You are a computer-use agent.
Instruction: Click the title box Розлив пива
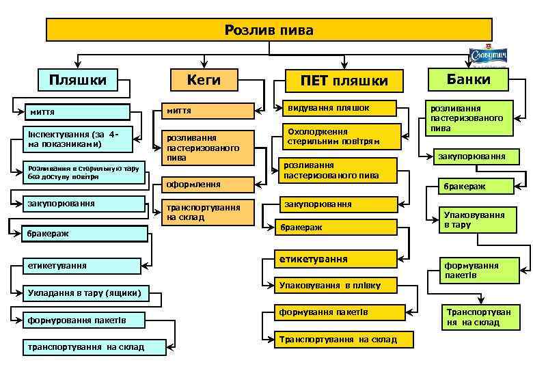coord(269,29)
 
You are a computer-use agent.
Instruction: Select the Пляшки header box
coord(78,80)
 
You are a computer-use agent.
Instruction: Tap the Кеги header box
coord(204,80)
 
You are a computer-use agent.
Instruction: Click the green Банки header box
coord(469,80)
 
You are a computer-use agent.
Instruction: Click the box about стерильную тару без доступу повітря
coord(83,172)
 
